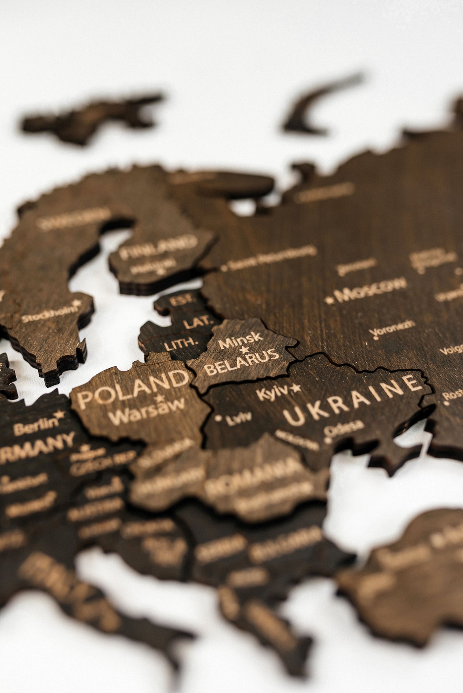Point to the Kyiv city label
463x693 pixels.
[272, 393]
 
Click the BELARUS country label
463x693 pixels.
[242, 362]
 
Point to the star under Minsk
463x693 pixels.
[244, 349]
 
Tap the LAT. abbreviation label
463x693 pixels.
[198, 323]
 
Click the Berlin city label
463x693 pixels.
[35, 427]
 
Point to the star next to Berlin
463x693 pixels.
[60, 415]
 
